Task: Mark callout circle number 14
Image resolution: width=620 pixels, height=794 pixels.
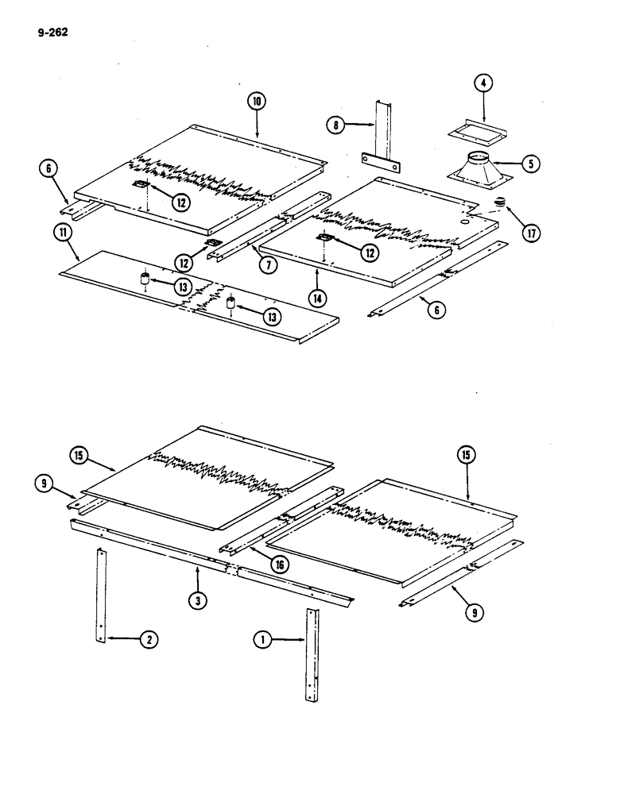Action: point(317,299)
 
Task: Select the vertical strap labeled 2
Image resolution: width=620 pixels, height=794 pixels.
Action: point(101,595)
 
